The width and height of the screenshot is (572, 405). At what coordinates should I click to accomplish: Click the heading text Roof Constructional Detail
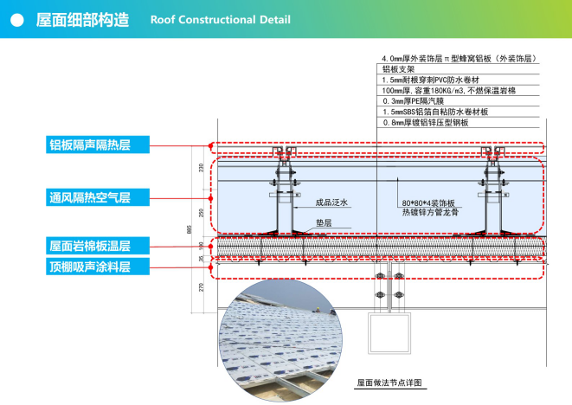click(x=220, y=19)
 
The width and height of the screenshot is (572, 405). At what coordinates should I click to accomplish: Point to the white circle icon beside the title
click(x=16, y=19)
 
